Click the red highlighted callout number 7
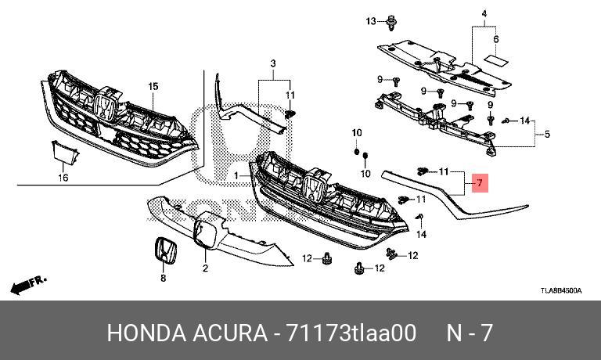pyautogui.click(x=481, y=185)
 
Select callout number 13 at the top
pyautogui.click(x=371, y=20)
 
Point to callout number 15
pyautogui.click(x=153, y=85)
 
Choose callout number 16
pyautogui.click(x=64, y=178)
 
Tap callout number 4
pyautogui.click(x=484, y=15)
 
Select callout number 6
pyautogui.click(x=495, y=38)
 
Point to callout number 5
pyautogui.click(x=546, y=135)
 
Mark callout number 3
pyautogui.click(x=274, y=63)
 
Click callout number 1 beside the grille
pyautogui.click(x=235, y=177)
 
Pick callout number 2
pyautogui.click(x=205, y=268)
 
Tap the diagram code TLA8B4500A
pyautogui.click(x=560, y=290)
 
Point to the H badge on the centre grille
pyautogui.click(x=314, y=189)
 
